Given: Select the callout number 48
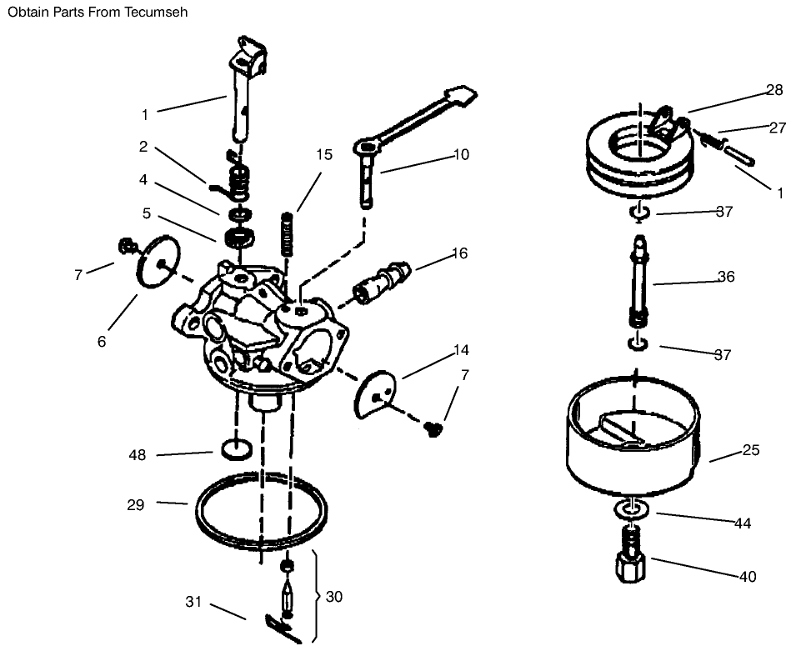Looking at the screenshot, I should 138,455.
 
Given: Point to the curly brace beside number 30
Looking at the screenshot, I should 315,596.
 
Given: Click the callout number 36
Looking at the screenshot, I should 726,277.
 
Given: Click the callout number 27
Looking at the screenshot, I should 777,128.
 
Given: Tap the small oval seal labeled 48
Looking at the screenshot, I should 237,450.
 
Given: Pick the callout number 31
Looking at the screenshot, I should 193,602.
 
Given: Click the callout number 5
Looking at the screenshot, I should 147,213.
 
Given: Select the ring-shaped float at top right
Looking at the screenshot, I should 638,158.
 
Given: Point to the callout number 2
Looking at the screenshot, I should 143,147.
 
